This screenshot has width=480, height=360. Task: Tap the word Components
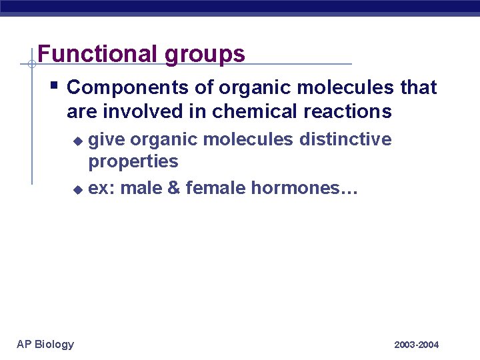point(116,87)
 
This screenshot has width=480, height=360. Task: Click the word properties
point(133,162)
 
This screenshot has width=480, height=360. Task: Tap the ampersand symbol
point(173,189)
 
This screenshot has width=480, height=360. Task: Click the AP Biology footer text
point(45,344)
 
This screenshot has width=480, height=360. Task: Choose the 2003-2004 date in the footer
point(416,345)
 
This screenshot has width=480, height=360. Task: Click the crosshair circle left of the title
point(31,64)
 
